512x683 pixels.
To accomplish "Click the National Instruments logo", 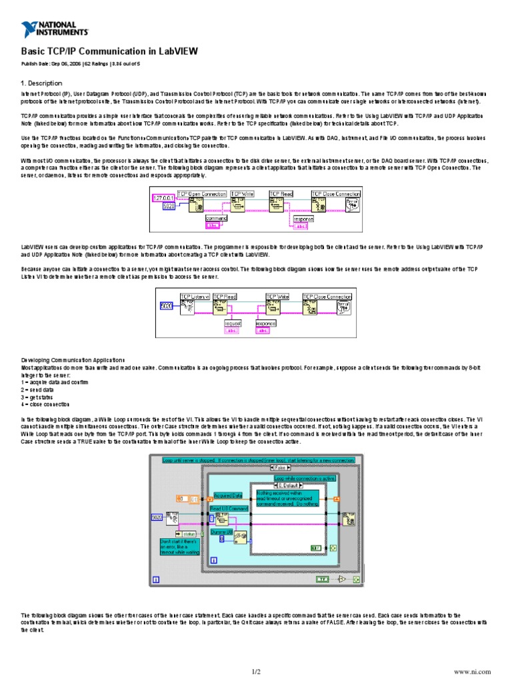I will [x=55, y=29].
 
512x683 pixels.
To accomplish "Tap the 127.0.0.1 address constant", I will [x=163, y=198].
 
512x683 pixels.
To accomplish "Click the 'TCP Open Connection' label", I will [x=201, y=194].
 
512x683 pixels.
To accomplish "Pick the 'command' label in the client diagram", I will [x=216, y=218].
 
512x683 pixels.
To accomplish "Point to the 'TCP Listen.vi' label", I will [x=195, y=296].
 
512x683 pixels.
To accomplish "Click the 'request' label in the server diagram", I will [x=232, y=323].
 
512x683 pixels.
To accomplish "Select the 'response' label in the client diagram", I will [x=303, y=218].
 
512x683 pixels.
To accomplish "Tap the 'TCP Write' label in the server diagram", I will [x=277, y=296].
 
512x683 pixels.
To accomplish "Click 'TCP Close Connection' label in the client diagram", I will [x=336, y=194].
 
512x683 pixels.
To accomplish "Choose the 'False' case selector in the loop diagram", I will [x=279, y=468].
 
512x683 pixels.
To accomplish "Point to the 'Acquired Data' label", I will [x=227, y=495].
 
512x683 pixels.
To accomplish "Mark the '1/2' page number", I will [x=256, y=671].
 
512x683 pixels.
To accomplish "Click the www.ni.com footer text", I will [x=472, y=671].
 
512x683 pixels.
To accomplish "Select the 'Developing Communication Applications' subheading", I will [x=73, y=360].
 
